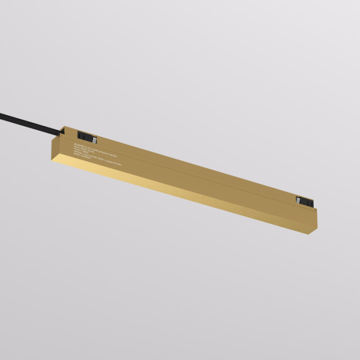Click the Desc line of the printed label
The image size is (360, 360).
click(x=85, y=149)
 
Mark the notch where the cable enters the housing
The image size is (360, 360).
click(x=63, y=131)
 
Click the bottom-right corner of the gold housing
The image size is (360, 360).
click(x=315, y=227)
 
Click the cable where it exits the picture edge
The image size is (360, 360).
click(x=2, y=114)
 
